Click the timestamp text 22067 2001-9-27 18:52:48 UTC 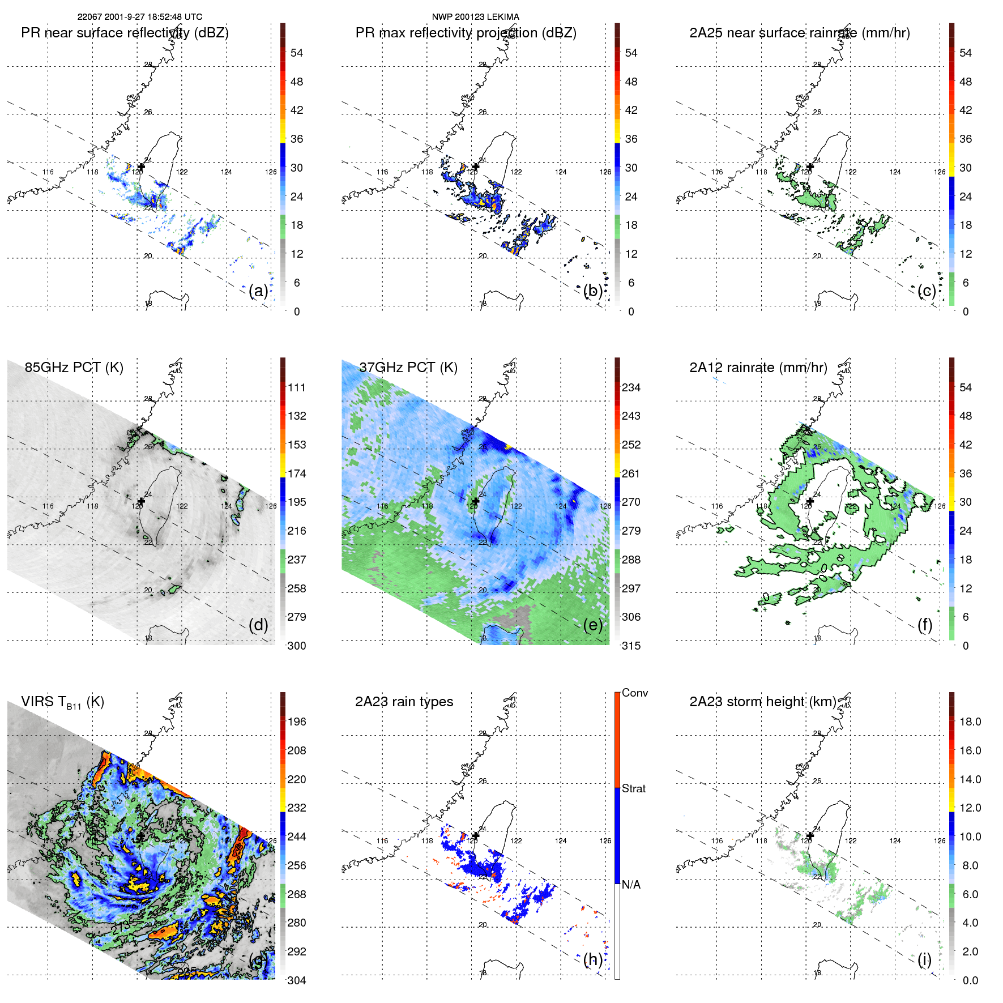pyautogui.click(x=140, y=17)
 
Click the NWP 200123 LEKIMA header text pyautogui.click(x=475, y=17)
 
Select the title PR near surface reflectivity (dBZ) pyautogui.click(x=125, y=33)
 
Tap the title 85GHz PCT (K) pyautogui.click(x=74, y=367)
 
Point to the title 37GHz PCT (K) pyautogui.click(x=408, y=367)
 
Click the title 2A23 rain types pyautogui.click(x=404, y=702)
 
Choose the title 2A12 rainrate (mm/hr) pyautogui.click(x=758, y=367)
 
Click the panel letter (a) pyautogui.click(x=258, y=291)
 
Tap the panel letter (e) pyautogui.click(x=592, y=625)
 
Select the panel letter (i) pyautogui.click(x=924, y=959)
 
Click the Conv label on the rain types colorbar pyautogui.click(x=635, y=693)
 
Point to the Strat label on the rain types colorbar pyautogui.click(x=634, y=788)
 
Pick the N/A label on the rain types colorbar pyautogui.click(x=631, y=885)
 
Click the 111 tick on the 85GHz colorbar pyautogui.click(x=297, y=387)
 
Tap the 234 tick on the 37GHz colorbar pyautogui.click(x=631, y=387)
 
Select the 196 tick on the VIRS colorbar pyautogui.click(x=297, y=722)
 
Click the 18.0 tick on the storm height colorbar pyautogui.click(x=970, y=722)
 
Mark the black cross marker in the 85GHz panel pyautogui.click(x=141, y=501)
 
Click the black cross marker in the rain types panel pyautogui.click(x=476, y=835)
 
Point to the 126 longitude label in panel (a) pyautogui.click(x=271, y=172)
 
